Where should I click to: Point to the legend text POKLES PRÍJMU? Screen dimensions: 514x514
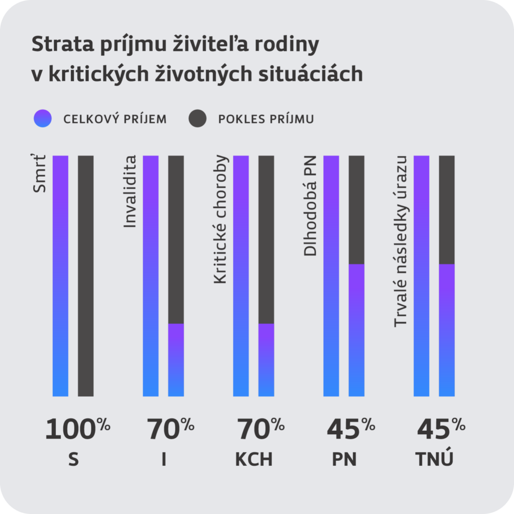266,119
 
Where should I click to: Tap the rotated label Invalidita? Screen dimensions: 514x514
130,192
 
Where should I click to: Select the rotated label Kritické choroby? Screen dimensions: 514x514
220,219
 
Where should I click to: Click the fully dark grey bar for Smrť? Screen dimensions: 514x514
86,276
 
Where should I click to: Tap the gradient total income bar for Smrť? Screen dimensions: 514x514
60,276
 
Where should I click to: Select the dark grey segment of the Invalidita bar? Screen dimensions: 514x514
176,239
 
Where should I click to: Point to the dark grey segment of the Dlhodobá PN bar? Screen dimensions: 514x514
356,209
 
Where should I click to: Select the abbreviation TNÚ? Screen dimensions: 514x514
435,459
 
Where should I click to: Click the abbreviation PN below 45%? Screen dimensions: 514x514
344,459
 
